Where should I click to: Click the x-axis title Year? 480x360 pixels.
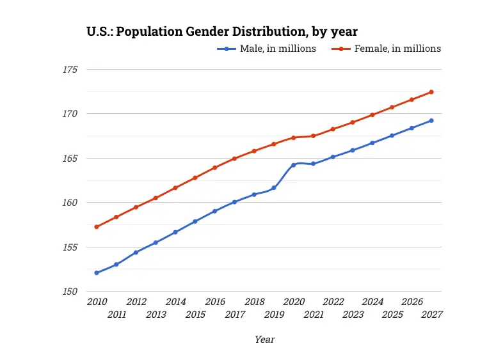coord(264,340)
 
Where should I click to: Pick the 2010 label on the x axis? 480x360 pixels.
coord(97,302)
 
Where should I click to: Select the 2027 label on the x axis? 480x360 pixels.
coord(432,315)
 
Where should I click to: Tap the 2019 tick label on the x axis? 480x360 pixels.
coord(274,315)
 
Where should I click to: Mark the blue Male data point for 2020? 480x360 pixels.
coord(294,165)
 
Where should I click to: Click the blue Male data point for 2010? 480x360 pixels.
coord(97,273)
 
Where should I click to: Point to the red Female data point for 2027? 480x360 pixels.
coord(431,92)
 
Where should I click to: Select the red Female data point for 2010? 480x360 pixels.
coord(97,227)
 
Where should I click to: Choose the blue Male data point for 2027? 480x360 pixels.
coord(431,120)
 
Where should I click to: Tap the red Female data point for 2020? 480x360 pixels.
coord(294,137)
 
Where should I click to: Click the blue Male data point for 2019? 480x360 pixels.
coord(274,188)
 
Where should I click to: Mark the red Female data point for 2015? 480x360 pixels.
coord(195,178)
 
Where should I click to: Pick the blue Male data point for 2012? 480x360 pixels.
coord(136,253)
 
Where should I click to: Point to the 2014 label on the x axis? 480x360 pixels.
coord(175,302)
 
